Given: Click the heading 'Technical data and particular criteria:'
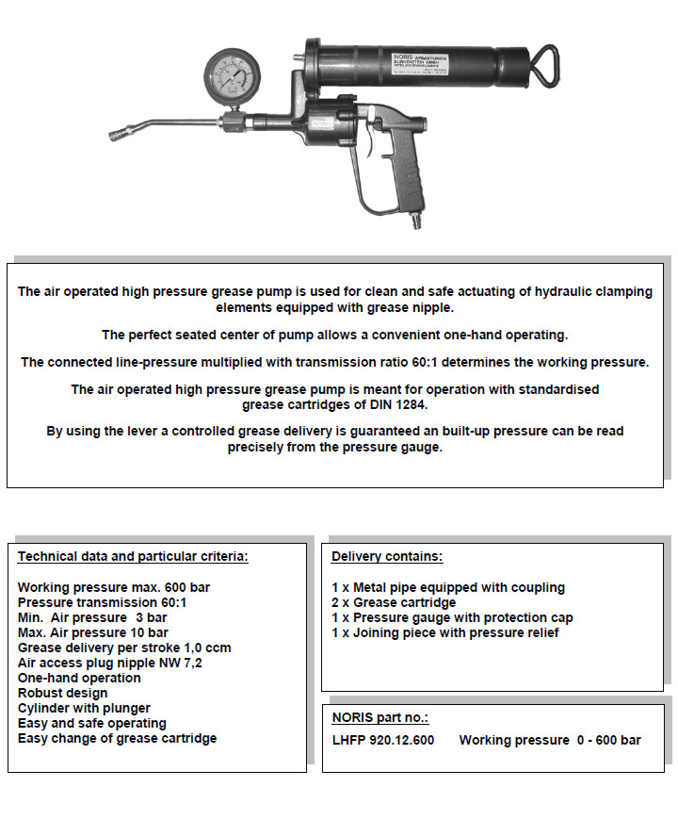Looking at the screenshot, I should [x=133, y=556].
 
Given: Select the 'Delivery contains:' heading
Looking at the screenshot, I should [x=387, y=556].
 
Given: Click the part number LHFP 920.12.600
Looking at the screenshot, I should [x=383, y=740].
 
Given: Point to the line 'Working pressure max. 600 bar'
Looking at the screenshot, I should [x=114, y=587].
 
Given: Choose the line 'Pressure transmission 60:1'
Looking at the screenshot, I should [x=102, y=602].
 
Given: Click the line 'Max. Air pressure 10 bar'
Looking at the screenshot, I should [x=93, y=632].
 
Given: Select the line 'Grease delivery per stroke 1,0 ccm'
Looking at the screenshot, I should [x=124, y=648].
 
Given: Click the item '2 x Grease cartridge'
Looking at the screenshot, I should [x=394, y=602].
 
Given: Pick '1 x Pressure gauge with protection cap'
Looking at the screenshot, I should [x=452, y=617].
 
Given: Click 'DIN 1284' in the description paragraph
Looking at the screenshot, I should [x=405, y=405].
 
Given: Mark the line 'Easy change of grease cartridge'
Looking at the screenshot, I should [x=117, y=738].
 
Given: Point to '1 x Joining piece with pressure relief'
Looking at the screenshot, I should [x=445, y=632].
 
